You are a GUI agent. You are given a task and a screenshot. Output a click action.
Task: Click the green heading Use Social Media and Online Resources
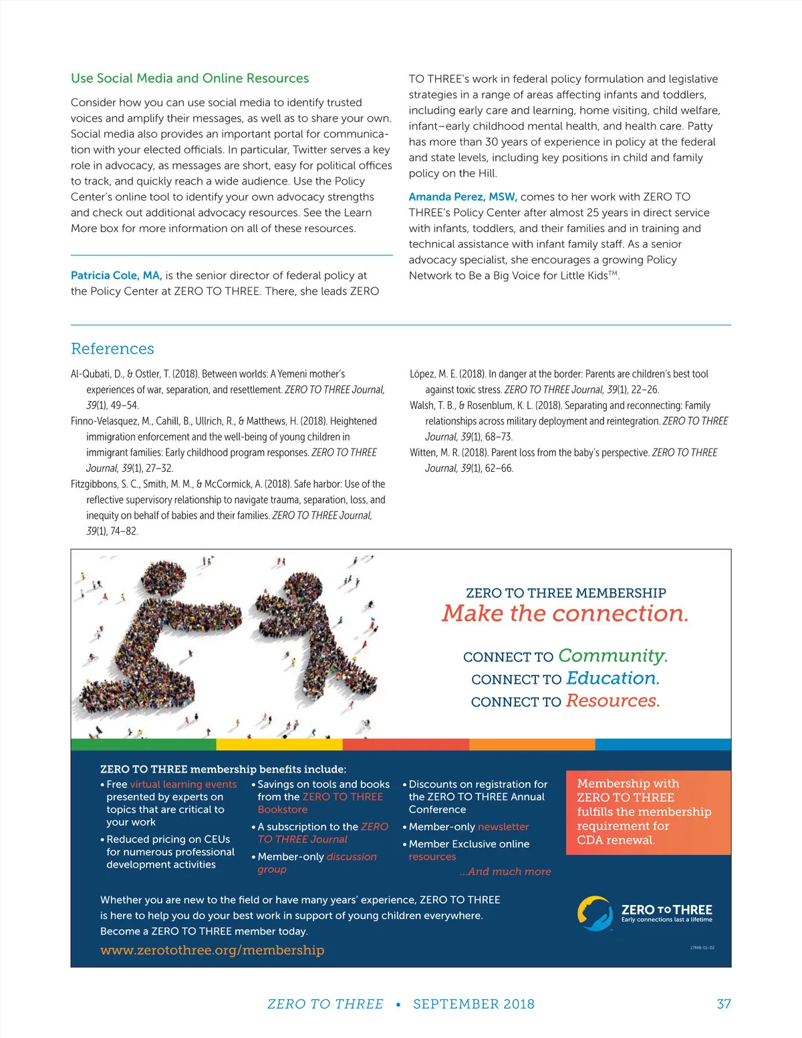[x=190, y=78]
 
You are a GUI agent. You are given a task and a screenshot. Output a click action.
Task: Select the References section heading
[x=112, y=348]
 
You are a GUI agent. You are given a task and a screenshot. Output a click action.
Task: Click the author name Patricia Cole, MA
[x=116, y=275]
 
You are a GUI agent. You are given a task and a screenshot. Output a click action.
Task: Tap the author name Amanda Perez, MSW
[x=462, y=197]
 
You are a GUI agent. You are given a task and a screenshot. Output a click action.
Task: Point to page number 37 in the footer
[x=724, y=1004]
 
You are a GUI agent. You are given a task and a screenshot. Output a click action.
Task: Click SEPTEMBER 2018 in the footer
[x=473, y=1004]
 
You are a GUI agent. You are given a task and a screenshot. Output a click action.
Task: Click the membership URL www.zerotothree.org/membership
[x=212, y=950]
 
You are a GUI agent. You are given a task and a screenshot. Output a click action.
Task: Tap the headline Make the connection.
[x=565, y=613]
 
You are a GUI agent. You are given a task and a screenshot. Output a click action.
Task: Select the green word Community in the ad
[x=612, y=656]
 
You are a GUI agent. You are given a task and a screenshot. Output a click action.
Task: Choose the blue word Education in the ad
[x=612, y=678]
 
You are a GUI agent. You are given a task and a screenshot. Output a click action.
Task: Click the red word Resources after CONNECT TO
[x=612, y=701]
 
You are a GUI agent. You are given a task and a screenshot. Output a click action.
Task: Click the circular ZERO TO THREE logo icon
[x=594, y=913]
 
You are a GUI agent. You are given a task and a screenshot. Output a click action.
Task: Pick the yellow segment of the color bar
[x=279, y=744]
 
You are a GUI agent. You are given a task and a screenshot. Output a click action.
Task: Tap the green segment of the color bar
[x=143, y=744]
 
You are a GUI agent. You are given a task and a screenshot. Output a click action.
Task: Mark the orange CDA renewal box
[x=648, y=812]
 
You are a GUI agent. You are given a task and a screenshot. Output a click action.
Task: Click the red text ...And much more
[x=505, y=872]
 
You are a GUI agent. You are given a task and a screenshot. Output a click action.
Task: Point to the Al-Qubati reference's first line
[x=208, y=374]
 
